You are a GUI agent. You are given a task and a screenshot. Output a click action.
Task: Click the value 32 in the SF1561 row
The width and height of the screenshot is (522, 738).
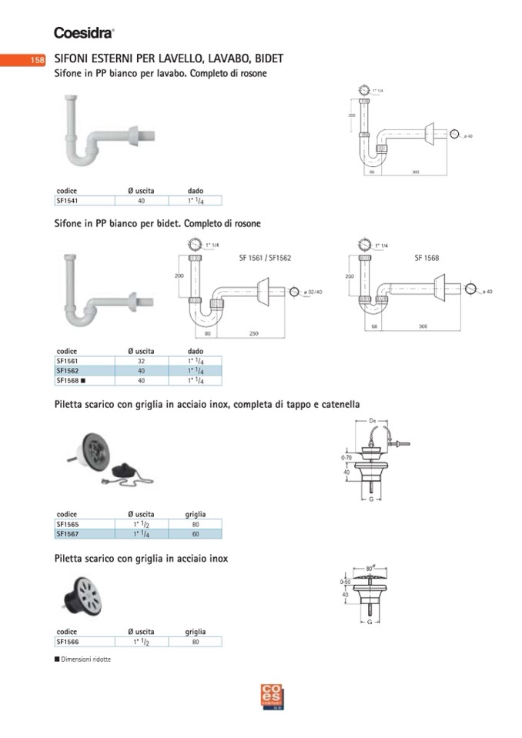point(141,360)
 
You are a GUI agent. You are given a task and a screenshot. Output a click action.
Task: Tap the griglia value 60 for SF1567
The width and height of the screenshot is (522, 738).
point(195,533)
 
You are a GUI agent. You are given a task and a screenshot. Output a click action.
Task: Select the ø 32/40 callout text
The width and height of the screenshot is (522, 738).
point(313,292)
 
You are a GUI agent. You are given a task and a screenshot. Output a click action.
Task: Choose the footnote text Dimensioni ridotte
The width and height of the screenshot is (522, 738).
point(85,660)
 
